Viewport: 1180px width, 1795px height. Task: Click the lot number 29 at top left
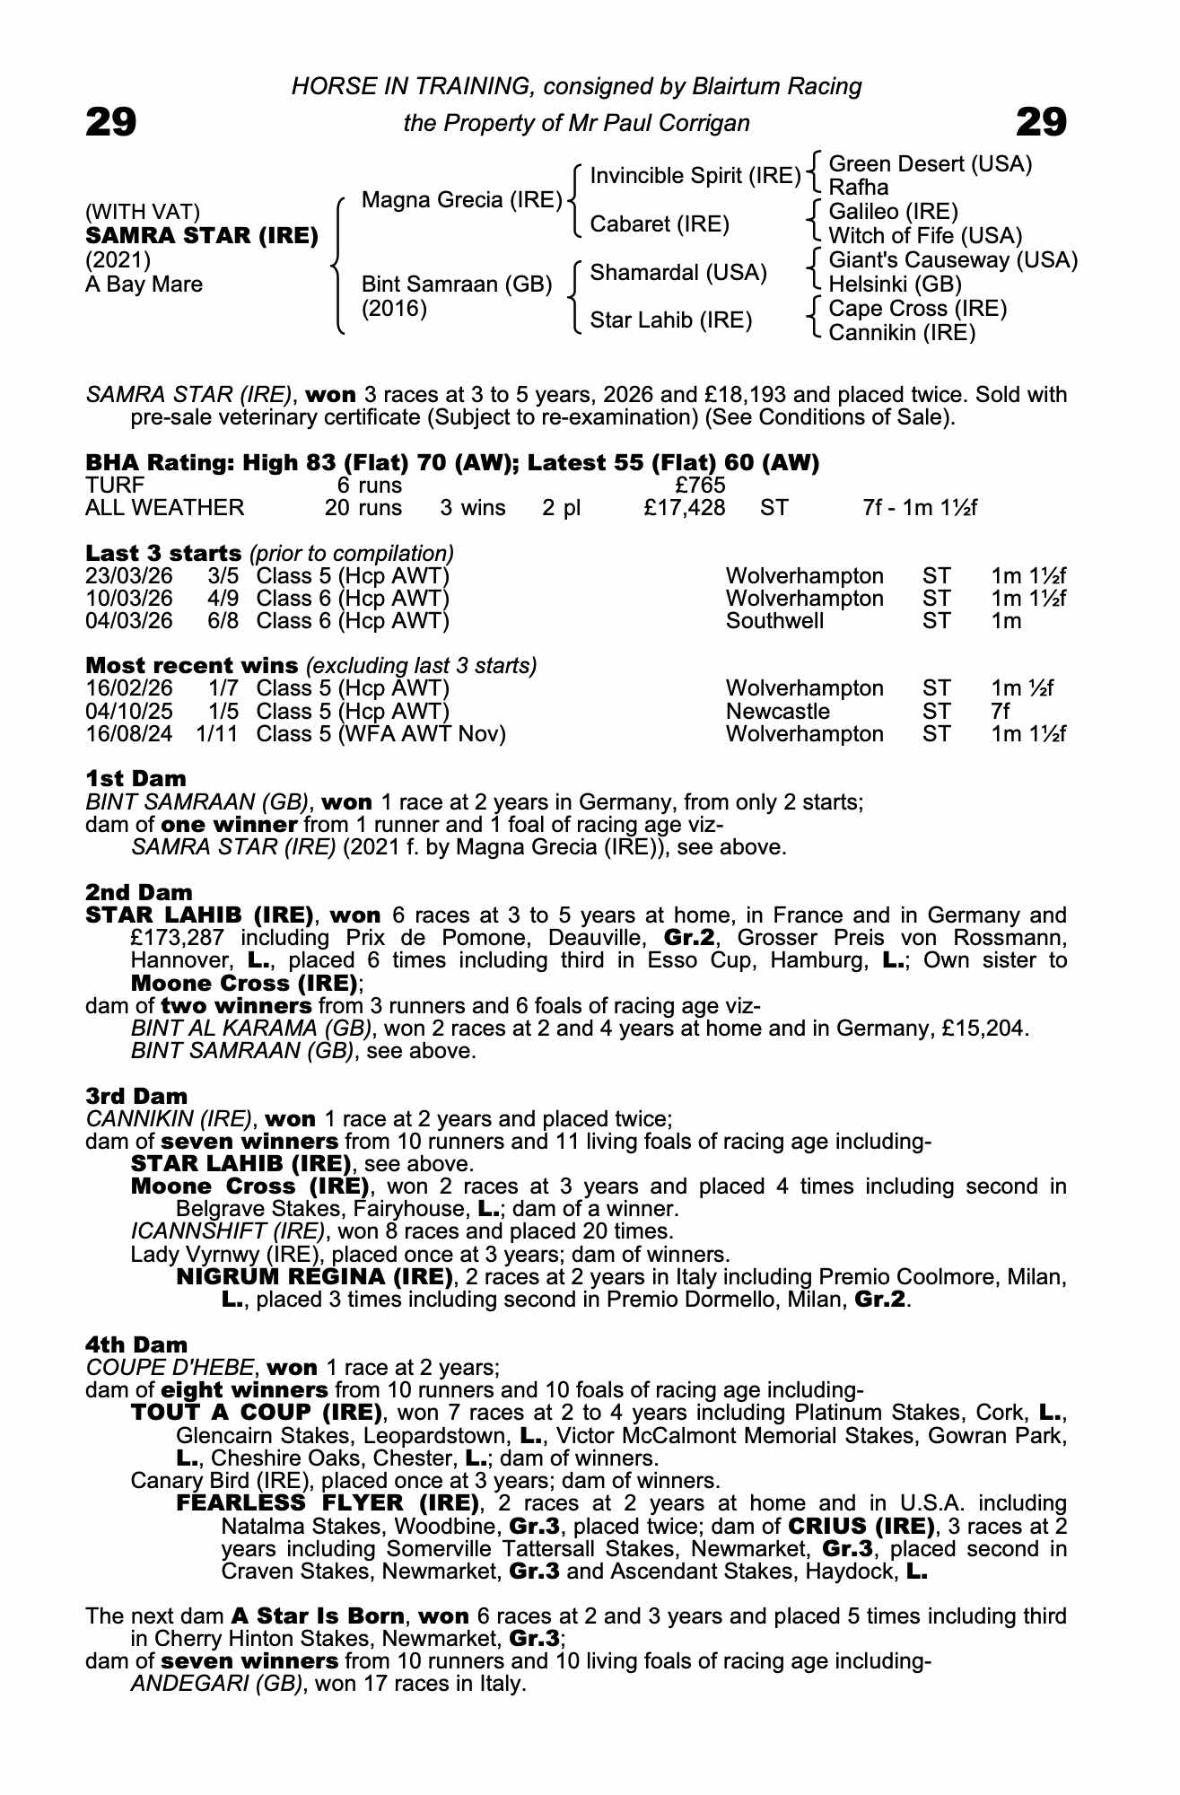click(x=110, y=122)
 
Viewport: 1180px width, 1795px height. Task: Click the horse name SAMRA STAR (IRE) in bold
click(x=202, y=236)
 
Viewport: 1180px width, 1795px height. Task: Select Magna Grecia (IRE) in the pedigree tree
click(x=461, y=199)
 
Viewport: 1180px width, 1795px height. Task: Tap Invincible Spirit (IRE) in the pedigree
click(x=695, y=175)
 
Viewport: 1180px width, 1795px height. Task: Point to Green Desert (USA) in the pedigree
click(x=930, y=163)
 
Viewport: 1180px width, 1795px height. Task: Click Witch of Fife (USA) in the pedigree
click(x=925, y=236)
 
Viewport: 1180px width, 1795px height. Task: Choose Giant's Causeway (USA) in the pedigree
click(x=953, y=260)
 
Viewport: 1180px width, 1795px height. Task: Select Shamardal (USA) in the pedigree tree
click(x=677, y=272)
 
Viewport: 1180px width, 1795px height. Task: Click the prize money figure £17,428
click(x=684, y=508)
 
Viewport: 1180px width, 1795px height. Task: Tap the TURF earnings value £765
click(x=700, y=486)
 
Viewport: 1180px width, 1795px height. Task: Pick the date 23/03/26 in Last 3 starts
click(x=128, y=576)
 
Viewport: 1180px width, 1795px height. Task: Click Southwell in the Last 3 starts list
click(x=774, y=621)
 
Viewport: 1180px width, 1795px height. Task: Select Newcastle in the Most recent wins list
click(x=777, y=712)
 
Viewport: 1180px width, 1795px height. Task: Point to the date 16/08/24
click(x=128, y=734)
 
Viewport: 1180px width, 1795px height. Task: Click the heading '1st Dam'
click(x=135, y=778)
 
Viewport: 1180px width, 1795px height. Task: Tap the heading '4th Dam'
click(x=136, y=1344)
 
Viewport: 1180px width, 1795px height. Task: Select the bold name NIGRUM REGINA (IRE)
click(x=314, y=1276)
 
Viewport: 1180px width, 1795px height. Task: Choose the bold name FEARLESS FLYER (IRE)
click(x=327, y=1502)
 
